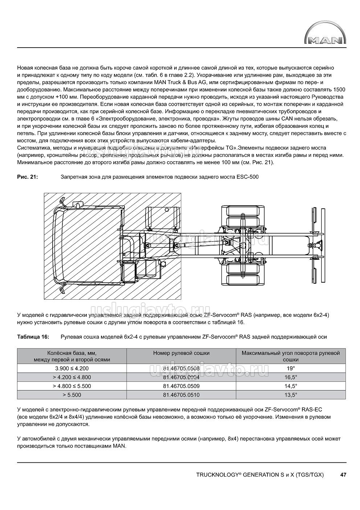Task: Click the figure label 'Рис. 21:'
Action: [x=28, y=177]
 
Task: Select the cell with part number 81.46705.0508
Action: [x=181, y=368]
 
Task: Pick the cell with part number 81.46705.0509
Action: [x=181, y=386]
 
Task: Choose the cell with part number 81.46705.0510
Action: [x=181, y=395]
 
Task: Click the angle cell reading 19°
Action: [x=290, y=368]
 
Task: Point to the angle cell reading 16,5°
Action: [x=290, y=377]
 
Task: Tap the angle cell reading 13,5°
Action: [x=290, y=395]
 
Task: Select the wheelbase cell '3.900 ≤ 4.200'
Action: [x=71, y=368]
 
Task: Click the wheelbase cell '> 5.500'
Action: [x=71, y=395]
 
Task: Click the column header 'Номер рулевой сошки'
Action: [x=181, y=353]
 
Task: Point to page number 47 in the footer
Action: [x=343, y=475]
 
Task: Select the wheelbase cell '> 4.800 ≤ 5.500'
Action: [x=71, y=386]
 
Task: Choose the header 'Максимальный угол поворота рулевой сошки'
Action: [x=290, y=356]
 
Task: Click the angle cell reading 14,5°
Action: [x=290, y=386]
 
